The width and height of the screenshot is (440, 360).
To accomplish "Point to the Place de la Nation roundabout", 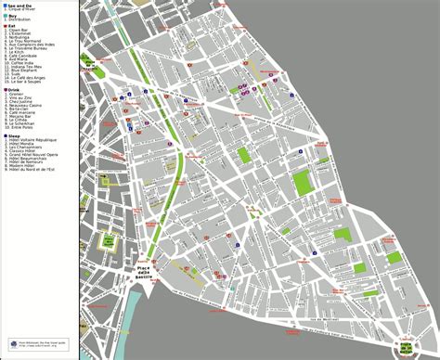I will (x=407, y=346).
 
